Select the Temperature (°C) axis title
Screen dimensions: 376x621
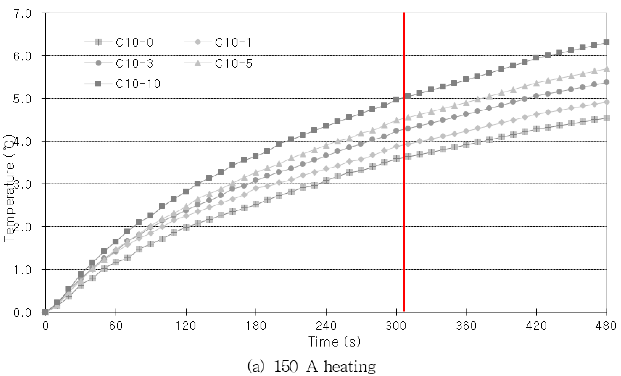[x=9, y=189]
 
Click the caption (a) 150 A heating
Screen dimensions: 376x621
[x=312, y=366]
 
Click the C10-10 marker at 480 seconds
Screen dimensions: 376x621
[x=607, y=42]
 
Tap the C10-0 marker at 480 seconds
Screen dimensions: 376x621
[x=607, y=118]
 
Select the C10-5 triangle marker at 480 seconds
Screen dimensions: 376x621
[x=607, y=69]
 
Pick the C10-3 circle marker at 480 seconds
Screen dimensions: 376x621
[x=607, y=82]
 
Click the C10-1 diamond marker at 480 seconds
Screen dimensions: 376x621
[x=607, y=102]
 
